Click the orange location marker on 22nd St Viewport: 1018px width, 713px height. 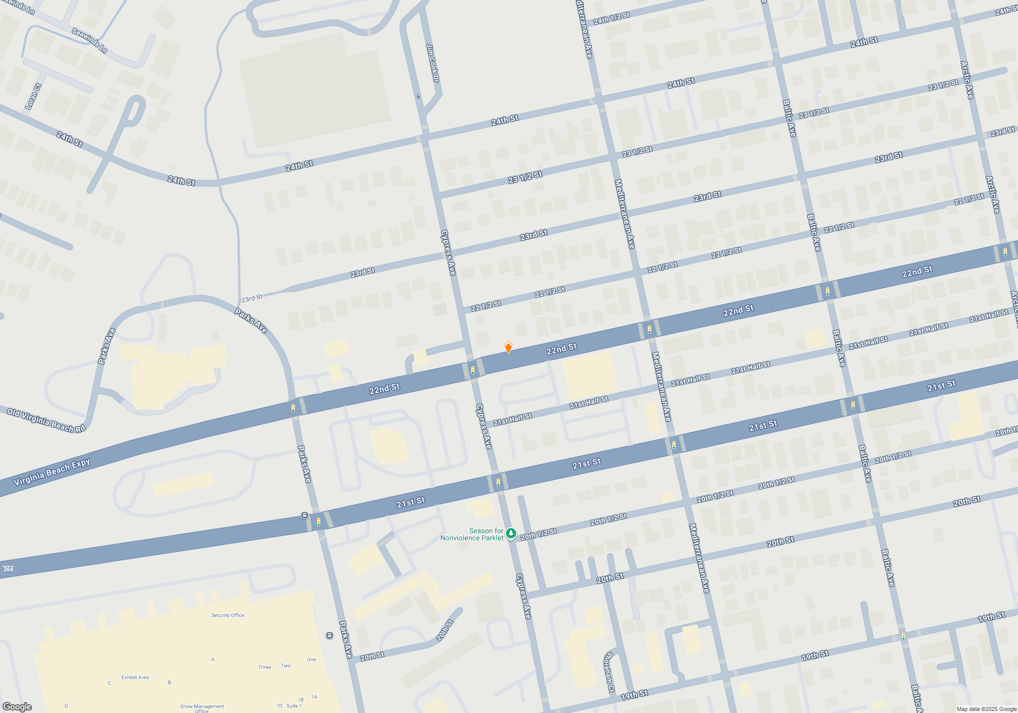(508, 348)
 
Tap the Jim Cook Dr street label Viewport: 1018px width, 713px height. (433, 63)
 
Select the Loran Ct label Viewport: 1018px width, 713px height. (32, 97)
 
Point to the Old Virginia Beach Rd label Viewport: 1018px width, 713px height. (46, 420)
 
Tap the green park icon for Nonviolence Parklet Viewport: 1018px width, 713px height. (511, 533)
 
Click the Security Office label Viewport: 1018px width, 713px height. (228, 615)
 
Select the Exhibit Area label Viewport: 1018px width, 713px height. (135, 677)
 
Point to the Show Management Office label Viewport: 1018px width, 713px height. (202, 708)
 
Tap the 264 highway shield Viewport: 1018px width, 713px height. (8, 569)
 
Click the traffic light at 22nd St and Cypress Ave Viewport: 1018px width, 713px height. (473, 370)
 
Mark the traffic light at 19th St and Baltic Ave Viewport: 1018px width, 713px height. (903, 636)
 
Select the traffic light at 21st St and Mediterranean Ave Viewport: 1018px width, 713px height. (674, 445)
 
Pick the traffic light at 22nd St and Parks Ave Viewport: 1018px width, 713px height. (293, 407)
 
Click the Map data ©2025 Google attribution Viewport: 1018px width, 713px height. (986, 709)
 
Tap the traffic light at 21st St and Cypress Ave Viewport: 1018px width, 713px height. (498, 482)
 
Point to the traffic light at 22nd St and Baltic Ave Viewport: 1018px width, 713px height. (828, 291)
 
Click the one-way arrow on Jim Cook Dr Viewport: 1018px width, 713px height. (418, 96)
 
